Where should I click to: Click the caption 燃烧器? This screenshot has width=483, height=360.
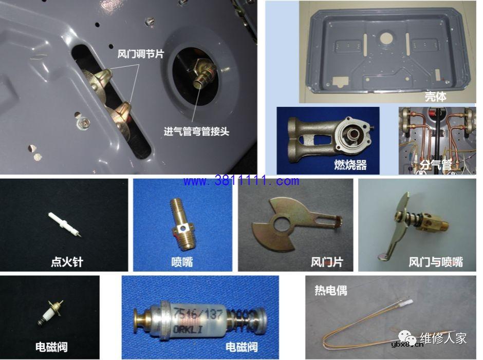pyautogui.click(x=349, y=165)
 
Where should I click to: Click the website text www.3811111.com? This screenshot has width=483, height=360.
pyautogui.click(x=240, y=181)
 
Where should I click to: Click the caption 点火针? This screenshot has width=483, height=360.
pyautogui.click(x=67, y=262)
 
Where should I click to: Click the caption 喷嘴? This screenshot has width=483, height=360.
pyautogui.click(x=182, y=262)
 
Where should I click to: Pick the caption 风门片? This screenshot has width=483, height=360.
pyautogui.click(x=326, y=262)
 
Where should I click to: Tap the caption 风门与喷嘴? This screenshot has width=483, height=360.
pyautogui.click(x=435, y=262)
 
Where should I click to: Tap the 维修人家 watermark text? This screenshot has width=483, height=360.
pyautogui.click(x=443, y=338)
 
